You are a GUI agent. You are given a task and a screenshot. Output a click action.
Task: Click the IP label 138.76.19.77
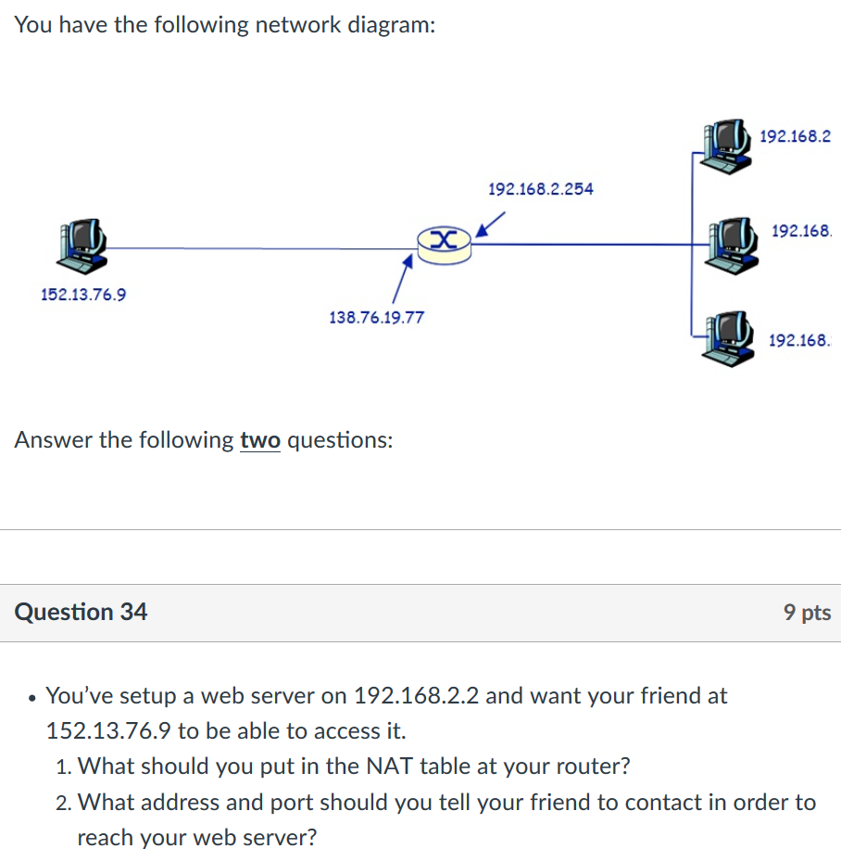(x=377, y=318)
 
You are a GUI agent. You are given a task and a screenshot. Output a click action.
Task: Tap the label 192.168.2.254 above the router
(x=541, y=189)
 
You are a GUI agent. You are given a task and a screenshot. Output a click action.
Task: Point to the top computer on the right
(x=724, y=146)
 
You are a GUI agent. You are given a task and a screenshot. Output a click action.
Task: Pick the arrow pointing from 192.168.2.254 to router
(x=491, y=223)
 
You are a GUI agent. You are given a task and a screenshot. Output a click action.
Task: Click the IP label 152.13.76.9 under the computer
(x=84, y=295)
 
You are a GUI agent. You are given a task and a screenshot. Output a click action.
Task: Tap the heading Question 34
(x=82, y=612)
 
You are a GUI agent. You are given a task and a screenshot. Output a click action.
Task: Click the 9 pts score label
(x=807, y=612)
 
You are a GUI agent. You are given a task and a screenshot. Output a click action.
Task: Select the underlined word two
(x=260, y=439)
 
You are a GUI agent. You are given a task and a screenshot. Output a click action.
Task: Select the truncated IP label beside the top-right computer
(x=795, y=136)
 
